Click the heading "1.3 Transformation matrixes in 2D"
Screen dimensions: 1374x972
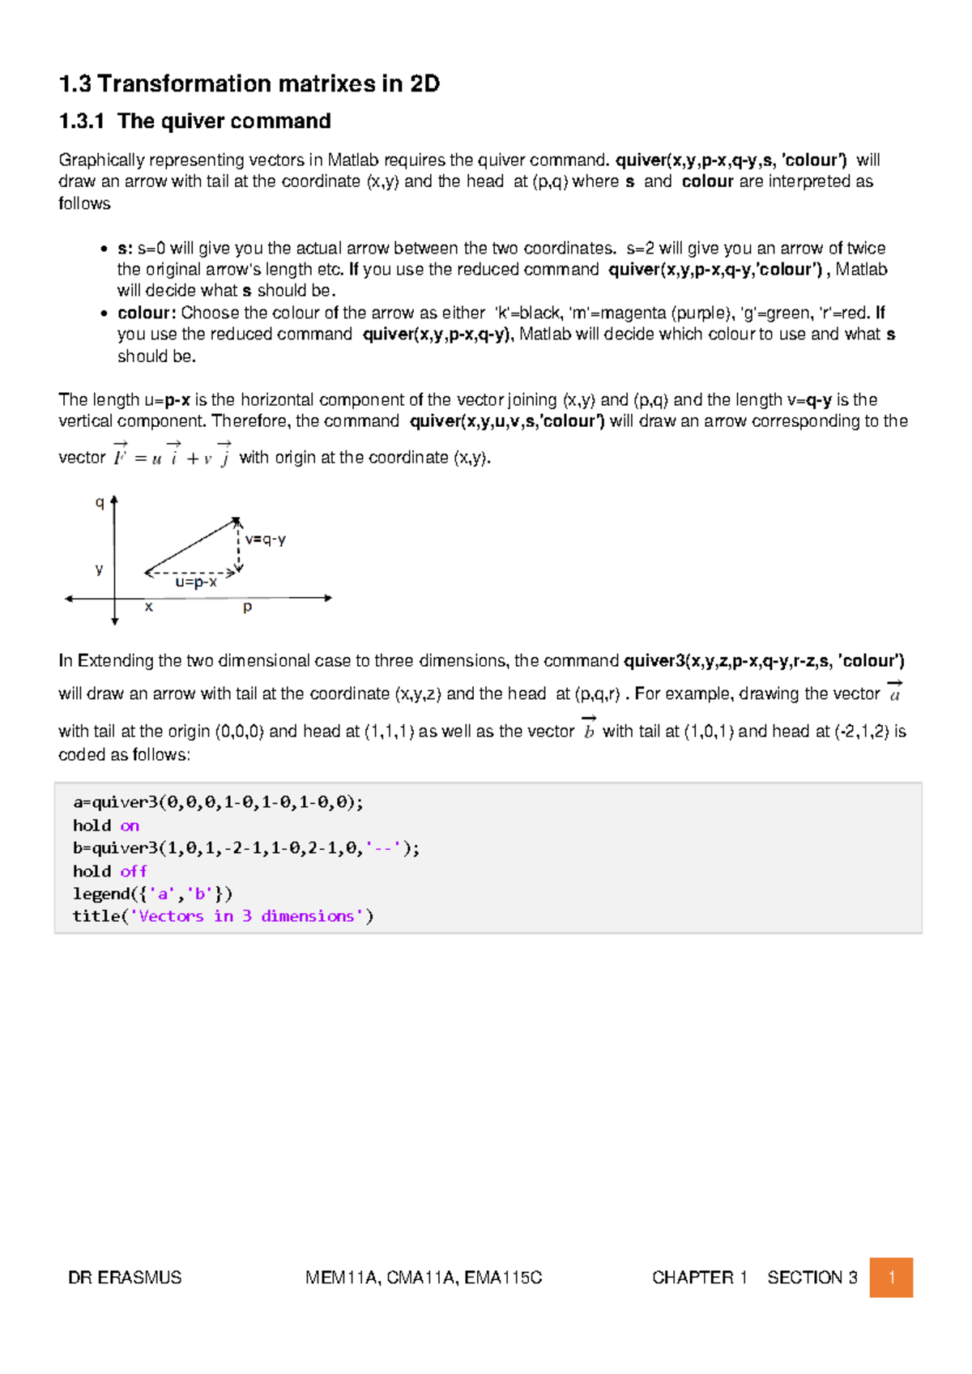[249, 84]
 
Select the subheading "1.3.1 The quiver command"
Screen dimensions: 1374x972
[194, 122]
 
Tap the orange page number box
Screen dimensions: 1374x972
[891, 1278]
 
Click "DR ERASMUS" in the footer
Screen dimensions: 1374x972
[125, 1278]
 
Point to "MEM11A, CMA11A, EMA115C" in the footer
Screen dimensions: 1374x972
[424, 1278]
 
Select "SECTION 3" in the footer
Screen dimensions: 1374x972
[812, 1278]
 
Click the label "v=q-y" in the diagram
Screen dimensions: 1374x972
[266, 540]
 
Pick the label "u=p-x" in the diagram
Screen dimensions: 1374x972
[196, 582]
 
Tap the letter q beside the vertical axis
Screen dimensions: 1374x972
[100, 502]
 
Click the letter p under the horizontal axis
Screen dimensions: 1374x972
[247, 607]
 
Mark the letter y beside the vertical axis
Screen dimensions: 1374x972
[99, 569]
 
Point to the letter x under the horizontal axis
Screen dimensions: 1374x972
[149, 607]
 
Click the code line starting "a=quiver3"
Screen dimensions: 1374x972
[218, 802]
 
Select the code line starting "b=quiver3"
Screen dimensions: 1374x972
[246, 848]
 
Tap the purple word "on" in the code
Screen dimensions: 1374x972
[130, 826]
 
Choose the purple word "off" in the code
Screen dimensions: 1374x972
[134, 871]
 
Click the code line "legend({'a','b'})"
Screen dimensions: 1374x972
[152, 894]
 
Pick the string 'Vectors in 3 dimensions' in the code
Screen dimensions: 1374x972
[247, 916]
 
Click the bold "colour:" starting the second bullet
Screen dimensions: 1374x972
[147, 313]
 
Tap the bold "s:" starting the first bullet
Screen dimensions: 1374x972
[125, 248]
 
